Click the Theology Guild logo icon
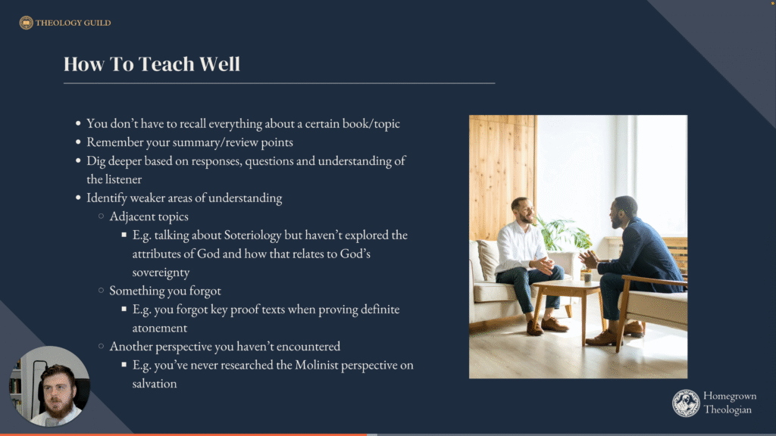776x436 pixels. click(27, 23)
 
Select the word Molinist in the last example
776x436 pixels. click(317, 365)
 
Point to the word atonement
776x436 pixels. click(160, 328)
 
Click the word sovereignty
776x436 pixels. click(161, 272)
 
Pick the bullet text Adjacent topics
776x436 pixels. click(149, 216)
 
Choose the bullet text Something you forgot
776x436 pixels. click(165, 291)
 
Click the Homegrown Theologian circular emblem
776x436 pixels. click(686, 403)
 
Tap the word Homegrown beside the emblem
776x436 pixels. click(730, 396)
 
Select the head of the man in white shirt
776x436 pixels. click(524, 210)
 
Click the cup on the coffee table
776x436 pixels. click(587, 277)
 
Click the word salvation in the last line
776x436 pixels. click(155, 384)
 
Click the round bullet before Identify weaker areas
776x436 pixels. click(78, 198)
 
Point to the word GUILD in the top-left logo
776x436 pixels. click(98, 23)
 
